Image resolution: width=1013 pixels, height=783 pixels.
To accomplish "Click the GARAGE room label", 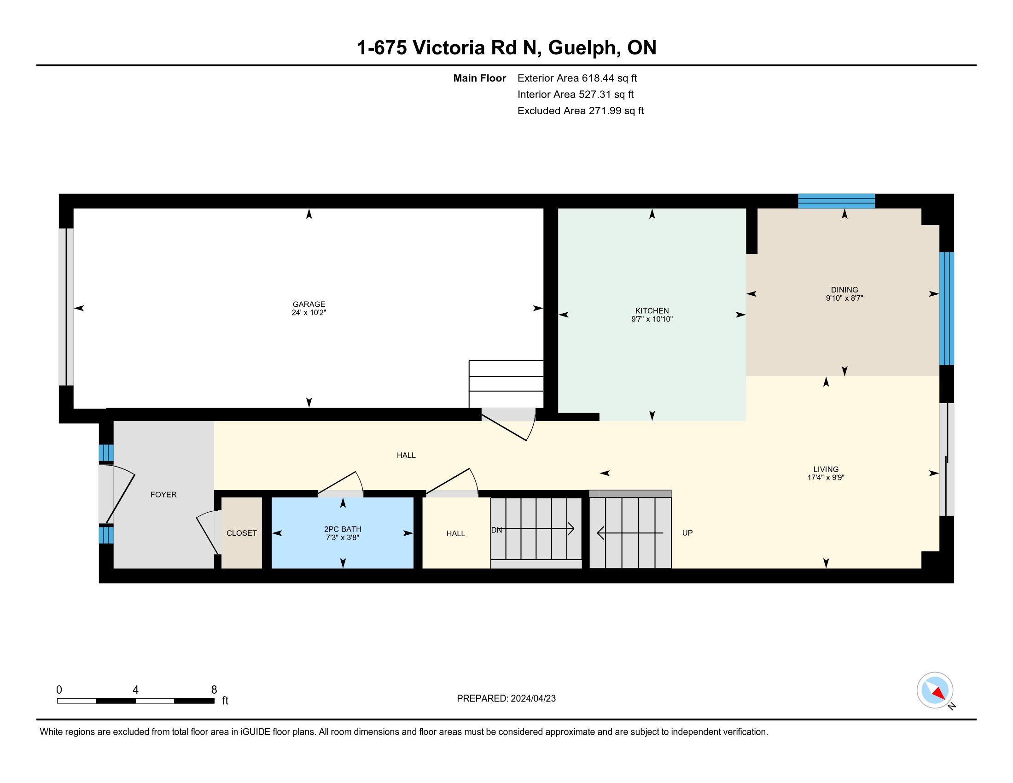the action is (x=309, y=304).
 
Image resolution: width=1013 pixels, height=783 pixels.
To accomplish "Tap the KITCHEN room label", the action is (x=652, y=311).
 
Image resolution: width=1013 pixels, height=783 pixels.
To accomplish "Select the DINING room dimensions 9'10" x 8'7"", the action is (x=844, y=298).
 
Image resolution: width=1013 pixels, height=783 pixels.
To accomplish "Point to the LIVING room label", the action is (x=826, y=469).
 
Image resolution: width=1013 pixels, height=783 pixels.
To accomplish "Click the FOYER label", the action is (x=163, y=495).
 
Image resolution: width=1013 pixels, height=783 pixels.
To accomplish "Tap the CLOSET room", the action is (x=242, y=533).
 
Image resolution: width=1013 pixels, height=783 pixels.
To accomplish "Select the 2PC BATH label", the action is (x=342, y=529).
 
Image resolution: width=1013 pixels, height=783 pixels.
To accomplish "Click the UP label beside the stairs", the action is (x=687, y=532).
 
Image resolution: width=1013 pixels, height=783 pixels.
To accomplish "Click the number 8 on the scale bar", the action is (x=214, y=690).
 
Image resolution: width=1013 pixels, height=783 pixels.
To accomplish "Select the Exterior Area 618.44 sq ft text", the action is (x=577, y=78).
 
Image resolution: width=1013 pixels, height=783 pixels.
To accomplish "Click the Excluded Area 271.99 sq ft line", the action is (x=581, y=111).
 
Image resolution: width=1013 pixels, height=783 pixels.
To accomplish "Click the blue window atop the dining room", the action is (x=836, y=201).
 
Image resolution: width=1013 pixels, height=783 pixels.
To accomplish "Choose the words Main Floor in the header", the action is (x=480, y=78).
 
